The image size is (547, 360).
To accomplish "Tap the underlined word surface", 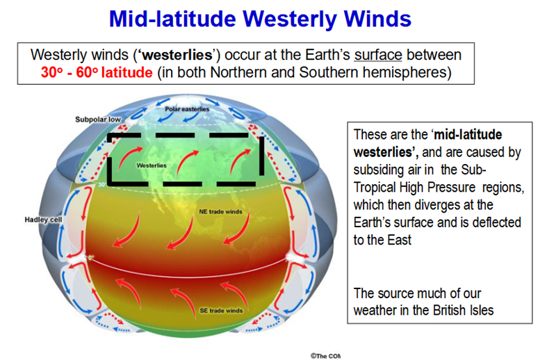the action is point(378,55).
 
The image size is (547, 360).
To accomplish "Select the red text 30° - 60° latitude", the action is point(97,72).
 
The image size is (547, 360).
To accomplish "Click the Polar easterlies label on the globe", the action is point(187,109).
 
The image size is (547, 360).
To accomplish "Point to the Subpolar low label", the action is point(98,120).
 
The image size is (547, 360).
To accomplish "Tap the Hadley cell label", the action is point(43,220).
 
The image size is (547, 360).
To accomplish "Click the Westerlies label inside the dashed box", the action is point(152,165).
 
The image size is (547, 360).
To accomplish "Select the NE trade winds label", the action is point(220,211).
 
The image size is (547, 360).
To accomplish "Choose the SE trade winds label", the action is point(221,311).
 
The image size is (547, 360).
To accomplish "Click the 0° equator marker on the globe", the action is point(90,258).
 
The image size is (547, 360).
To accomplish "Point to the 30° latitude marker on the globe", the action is point(101,184).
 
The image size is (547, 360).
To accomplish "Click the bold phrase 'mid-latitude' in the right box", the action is point(468,135).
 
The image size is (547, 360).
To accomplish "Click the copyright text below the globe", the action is point(325,356).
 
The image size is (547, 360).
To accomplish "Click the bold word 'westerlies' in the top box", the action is point(177,55).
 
